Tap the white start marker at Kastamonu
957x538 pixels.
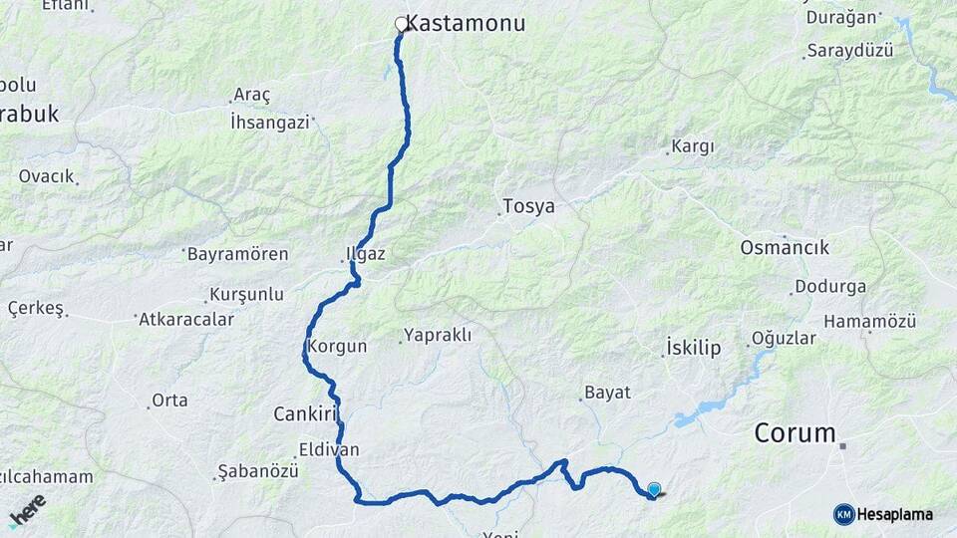tap(402, 24)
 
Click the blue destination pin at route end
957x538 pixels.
tap(654, 489)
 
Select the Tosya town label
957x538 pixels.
tap(528, 207)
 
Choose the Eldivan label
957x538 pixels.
tap(329, 449)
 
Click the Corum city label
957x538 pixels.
tap(795, 433)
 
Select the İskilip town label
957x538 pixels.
tap(692, 348)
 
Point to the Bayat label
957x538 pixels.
tap(608, 393)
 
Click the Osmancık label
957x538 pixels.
tap(785, 247)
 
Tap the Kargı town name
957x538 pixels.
tap(693, 146)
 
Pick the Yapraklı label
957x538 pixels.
tap(437, 335)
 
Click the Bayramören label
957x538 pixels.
tap(237, 254)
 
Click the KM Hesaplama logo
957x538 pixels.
tap(883, 514)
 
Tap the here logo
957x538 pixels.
tap(28, 511)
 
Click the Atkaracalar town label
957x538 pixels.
tap(186, 320)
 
